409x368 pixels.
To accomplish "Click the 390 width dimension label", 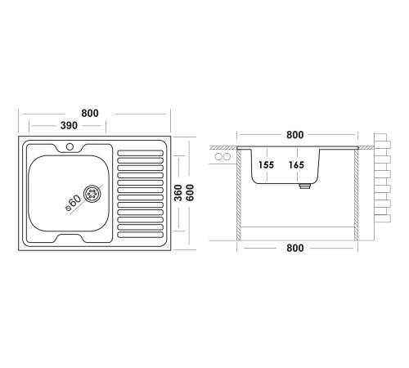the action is [x=69, y=125].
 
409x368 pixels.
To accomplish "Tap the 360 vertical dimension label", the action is [x=178, y=193].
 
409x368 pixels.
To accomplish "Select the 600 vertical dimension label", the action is [x=190, y=193].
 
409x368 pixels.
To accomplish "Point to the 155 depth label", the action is [x=266, y=164].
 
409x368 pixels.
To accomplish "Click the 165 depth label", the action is [x=296, y=164].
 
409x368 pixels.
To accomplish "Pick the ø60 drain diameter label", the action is [x=74, y=203].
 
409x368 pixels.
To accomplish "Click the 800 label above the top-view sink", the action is [x=90, y=113].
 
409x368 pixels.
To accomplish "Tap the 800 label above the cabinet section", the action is [x=295, y=135].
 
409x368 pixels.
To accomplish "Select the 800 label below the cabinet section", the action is [x=295, y=248].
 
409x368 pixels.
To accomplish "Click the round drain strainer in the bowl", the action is [x=92, y=194].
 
